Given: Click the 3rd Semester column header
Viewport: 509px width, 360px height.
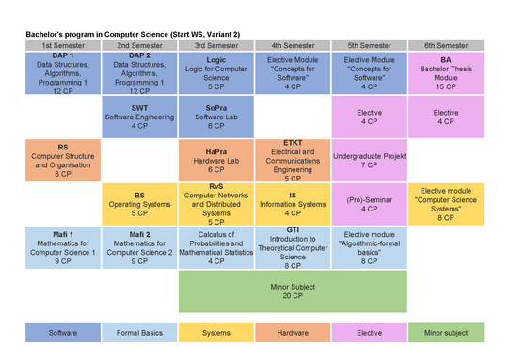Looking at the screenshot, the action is pyautogui.click(x=216, y=46).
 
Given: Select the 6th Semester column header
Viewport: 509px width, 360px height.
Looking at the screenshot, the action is pyautogui.click(x=446, y=46).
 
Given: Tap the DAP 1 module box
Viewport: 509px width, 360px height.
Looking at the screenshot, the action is pyautogui.click(x=63, y=73).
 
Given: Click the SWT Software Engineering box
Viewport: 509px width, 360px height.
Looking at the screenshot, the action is pyautogui.click(x=139, y=117).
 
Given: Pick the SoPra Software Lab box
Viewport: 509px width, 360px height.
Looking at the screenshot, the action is pyautogui.click(x=216, y=117).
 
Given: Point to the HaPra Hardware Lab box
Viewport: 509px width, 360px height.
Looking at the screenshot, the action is pyautogui.click(x=216, y=161).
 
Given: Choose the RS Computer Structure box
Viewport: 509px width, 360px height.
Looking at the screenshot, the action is pyautogui.click(x=63, y=161).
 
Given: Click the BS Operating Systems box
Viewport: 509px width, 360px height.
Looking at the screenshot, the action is pyautogui.click(x=139, y=204).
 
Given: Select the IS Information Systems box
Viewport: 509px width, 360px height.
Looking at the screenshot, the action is pyautogui.click(x=293, y=204).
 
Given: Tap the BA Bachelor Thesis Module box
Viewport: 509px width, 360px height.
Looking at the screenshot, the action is pyautogui.click(x=446, y=73).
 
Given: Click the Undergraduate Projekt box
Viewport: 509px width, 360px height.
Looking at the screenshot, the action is pyautogui.click(x=370, y=161).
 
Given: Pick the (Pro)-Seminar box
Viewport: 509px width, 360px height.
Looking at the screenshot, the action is pyautogui.click(x=370, y=204).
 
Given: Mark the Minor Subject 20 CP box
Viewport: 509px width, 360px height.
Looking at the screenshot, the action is pyautogui.click(x=293, y=291).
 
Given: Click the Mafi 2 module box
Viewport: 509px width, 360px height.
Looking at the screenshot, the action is pyautogui.click(x=139, y=248).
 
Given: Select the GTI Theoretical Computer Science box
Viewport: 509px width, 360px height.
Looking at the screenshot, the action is pyautogui.click(x=293, y=248).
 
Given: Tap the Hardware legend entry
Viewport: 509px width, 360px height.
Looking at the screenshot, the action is pyautogui.click(x=293, y=333).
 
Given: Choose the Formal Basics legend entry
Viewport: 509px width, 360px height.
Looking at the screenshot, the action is pyautogui.click(x=139, y=333).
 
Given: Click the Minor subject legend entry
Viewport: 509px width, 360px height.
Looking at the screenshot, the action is pyautogui.click(x=446, y=333).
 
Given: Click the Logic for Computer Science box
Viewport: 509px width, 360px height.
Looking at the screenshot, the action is pyautogui.click(x=216, y=73).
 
